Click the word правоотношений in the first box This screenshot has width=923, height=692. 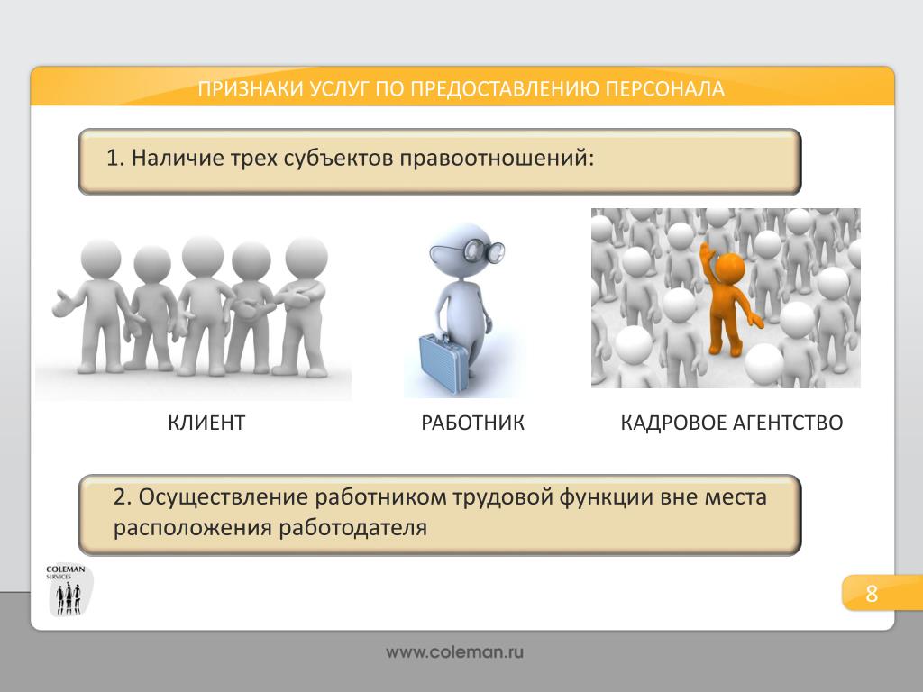[497, 159]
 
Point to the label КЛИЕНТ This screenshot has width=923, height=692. [206, 423]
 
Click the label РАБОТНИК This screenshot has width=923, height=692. [472, 423]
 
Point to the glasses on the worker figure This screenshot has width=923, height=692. [469, 251]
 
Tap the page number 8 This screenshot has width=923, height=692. [872, 594]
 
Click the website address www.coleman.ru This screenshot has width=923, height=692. [455, 652]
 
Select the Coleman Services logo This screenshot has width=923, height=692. [68, 590]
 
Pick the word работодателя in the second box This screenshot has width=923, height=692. [352, 528]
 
